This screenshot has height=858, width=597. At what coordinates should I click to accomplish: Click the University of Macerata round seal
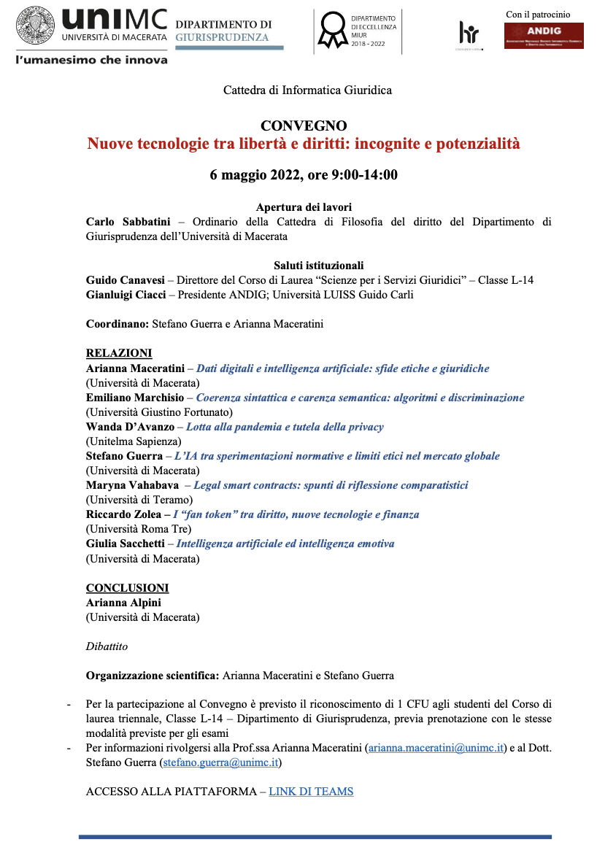tap(34, 27)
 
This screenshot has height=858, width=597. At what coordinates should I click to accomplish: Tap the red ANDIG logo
tap(544, 36)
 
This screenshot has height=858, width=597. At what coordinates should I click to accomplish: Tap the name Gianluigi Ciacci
tap(125, 295)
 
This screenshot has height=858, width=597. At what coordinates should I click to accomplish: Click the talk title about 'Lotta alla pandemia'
tap(285, 427)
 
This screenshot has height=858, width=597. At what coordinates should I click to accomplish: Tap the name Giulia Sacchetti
tap(126, 544)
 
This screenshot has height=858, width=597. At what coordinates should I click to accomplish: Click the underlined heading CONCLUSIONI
tap(127, 588)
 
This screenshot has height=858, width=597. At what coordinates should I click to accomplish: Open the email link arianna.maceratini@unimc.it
tap(436, 748)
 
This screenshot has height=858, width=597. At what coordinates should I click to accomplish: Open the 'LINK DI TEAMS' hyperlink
tap(311, 792)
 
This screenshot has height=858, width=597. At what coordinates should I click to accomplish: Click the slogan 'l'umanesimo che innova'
tap(92, 59)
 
